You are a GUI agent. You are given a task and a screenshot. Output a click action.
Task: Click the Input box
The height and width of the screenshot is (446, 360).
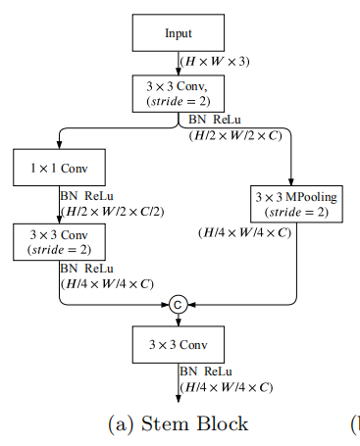(179, 33)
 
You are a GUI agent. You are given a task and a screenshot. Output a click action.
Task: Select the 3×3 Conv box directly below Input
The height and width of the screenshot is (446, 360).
(179, 93)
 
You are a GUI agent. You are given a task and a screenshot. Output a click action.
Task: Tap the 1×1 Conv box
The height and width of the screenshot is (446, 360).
(60, 167)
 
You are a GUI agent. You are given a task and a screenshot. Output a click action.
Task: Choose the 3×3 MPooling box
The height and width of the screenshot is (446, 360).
(295, 204)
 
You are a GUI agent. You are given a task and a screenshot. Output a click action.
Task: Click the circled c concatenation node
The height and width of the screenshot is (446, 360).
(179, 305)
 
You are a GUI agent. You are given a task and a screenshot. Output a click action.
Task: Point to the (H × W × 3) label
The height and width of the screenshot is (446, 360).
(215, 62)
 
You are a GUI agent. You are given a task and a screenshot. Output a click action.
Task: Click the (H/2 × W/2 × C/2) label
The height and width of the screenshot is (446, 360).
(111, 210)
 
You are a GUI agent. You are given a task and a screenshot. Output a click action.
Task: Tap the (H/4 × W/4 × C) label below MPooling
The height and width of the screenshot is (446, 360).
(244, 233)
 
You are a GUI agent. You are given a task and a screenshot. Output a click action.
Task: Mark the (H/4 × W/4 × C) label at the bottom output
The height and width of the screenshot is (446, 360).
(225, 387)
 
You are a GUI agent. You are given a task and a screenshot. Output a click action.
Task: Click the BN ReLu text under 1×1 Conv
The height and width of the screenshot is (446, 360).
(86, 196)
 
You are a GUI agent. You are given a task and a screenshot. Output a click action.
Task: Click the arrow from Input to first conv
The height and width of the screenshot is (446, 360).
(179, 63)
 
